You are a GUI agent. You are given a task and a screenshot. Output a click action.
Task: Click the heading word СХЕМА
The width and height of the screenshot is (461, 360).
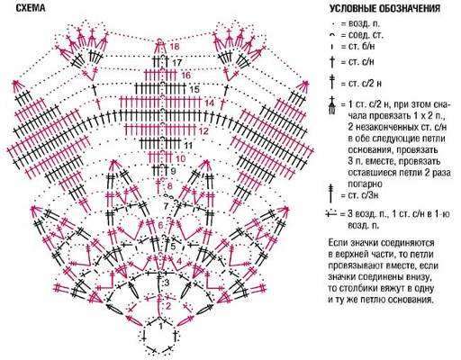31,8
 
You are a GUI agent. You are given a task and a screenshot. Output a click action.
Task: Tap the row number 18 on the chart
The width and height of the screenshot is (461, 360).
174,47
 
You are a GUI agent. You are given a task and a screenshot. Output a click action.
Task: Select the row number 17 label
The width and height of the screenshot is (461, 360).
177,63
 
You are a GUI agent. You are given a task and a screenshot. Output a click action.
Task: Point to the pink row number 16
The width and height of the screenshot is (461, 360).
185,75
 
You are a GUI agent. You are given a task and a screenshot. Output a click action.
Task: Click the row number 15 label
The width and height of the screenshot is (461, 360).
194,89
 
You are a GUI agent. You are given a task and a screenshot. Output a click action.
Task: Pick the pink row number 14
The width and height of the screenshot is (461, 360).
210,103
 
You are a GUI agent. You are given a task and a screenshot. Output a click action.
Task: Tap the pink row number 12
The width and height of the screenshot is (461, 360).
203,131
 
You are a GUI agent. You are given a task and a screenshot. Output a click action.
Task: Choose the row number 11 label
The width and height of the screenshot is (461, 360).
188,146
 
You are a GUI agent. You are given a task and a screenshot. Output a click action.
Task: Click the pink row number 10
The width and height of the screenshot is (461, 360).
181,158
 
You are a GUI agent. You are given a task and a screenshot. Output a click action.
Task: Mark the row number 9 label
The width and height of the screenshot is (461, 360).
173,172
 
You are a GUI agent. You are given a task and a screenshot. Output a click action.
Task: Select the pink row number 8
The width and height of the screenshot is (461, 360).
170,186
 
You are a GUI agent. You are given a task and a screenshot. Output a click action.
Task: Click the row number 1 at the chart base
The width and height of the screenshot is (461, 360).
160,327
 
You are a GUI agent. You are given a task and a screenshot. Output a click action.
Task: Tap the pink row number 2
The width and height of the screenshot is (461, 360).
168,306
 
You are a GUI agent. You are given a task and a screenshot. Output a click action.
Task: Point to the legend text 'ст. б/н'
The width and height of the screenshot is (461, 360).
362,47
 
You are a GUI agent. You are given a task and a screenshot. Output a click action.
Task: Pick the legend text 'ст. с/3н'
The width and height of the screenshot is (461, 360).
363,195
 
